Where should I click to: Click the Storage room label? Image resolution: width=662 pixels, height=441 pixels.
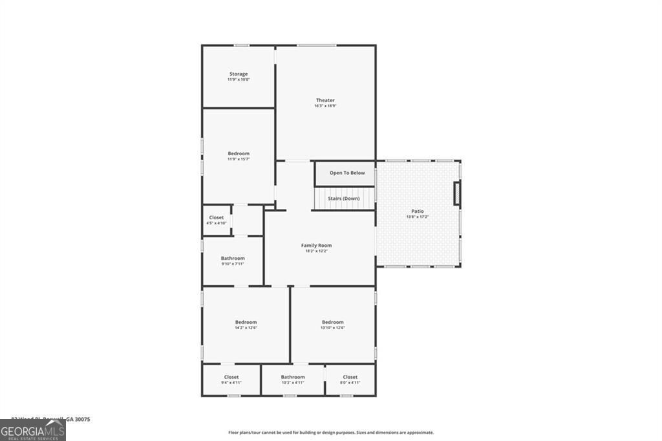point(239,74)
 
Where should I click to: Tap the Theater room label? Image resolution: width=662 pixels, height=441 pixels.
point(325,100)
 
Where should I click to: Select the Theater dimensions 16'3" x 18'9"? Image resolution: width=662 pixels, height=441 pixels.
point(325,106)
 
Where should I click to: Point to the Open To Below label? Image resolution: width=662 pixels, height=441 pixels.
point(347,173)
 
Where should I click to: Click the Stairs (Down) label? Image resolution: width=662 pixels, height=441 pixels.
point(343,199)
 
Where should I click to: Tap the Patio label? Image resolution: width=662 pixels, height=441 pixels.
point(418,211)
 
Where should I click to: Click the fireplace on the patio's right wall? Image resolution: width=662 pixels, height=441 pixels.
point(457,194)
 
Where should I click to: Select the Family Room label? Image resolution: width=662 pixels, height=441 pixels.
point(316,245)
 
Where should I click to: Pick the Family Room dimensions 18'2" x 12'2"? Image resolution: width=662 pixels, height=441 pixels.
point(316,251)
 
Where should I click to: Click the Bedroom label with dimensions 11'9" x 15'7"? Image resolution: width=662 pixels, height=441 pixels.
point(239,153)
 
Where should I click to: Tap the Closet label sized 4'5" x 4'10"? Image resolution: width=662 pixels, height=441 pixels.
point(217,217)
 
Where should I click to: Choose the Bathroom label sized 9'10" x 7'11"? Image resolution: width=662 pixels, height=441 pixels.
point(233,258)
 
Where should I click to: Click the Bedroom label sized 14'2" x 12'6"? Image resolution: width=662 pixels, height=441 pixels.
point(246,322)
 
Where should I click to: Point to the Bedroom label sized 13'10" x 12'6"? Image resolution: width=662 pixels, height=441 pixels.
point(333,322)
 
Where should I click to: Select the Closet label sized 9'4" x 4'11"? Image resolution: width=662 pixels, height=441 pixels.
point(231,377)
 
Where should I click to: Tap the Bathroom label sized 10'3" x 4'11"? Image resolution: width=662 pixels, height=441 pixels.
point(293,377)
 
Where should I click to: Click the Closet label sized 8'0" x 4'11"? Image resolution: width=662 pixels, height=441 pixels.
point(350,377)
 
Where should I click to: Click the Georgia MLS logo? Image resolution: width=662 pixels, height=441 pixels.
point(33,431)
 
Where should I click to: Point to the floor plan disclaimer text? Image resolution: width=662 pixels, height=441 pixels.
point(330,433)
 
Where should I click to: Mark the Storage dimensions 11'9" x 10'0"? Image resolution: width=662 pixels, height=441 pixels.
point(239,80)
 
